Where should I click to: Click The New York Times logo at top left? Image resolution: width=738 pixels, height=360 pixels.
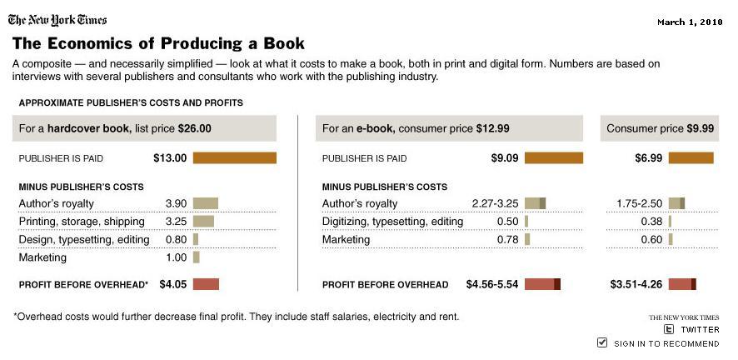pos(57,19)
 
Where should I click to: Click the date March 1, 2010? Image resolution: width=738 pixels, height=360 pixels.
pos(688,22)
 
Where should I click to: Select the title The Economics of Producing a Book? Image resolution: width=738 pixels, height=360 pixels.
pos(158,43)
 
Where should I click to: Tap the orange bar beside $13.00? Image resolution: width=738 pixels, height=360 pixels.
pos(234,157)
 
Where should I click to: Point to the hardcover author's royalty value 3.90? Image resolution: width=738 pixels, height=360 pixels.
pos(176,203)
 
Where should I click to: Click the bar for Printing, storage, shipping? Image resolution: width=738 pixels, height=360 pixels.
pos(203,222)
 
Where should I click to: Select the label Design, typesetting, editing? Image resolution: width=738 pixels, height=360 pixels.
pos(84,240)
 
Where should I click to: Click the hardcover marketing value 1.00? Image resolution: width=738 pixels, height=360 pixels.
pos(176,258)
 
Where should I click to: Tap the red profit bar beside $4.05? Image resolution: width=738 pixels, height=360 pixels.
pos(206,284)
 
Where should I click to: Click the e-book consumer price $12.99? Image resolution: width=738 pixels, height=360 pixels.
pos(492,128)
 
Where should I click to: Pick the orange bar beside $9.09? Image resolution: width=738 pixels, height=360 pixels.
pos(554,157)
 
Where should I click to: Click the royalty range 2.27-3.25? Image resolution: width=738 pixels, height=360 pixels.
pos(495,203)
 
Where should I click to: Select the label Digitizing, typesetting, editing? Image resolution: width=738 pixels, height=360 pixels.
pos(392,222)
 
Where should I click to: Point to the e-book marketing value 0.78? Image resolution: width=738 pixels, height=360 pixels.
pos(507,240)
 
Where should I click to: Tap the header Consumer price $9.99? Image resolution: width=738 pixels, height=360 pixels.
pos(660,128)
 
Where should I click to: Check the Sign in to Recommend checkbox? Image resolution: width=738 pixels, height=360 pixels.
pos(602,342)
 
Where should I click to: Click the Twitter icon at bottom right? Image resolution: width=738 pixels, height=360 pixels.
pos(668,329)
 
